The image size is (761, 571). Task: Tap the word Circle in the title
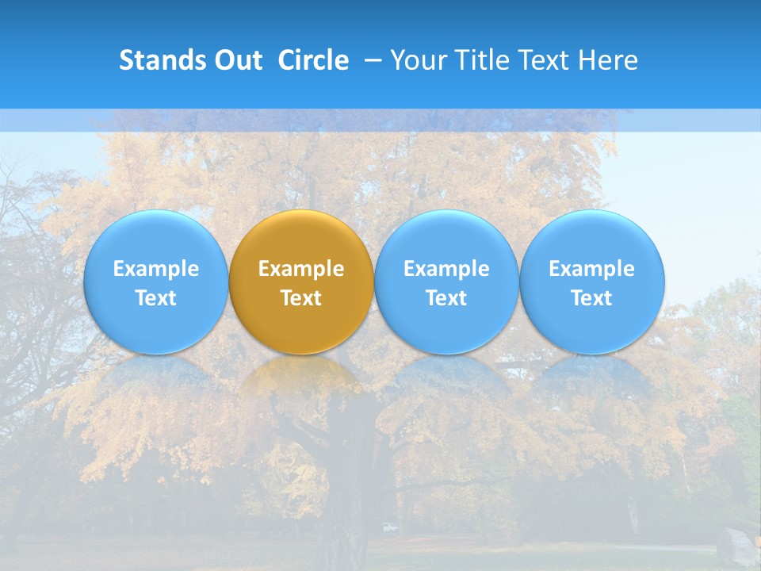[313, 60]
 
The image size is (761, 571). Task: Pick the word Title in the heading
[479, 60]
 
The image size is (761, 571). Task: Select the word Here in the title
[608, 60]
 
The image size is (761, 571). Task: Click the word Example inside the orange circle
[301, 269]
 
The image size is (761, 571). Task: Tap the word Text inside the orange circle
[301, 298]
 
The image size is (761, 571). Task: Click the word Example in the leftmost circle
[155, 269]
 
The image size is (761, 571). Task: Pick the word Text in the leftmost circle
[155, 298]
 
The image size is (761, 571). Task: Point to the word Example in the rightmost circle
[592, 269]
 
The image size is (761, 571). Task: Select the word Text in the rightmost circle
[592, 298]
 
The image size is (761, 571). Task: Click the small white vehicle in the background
[388, 527]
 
